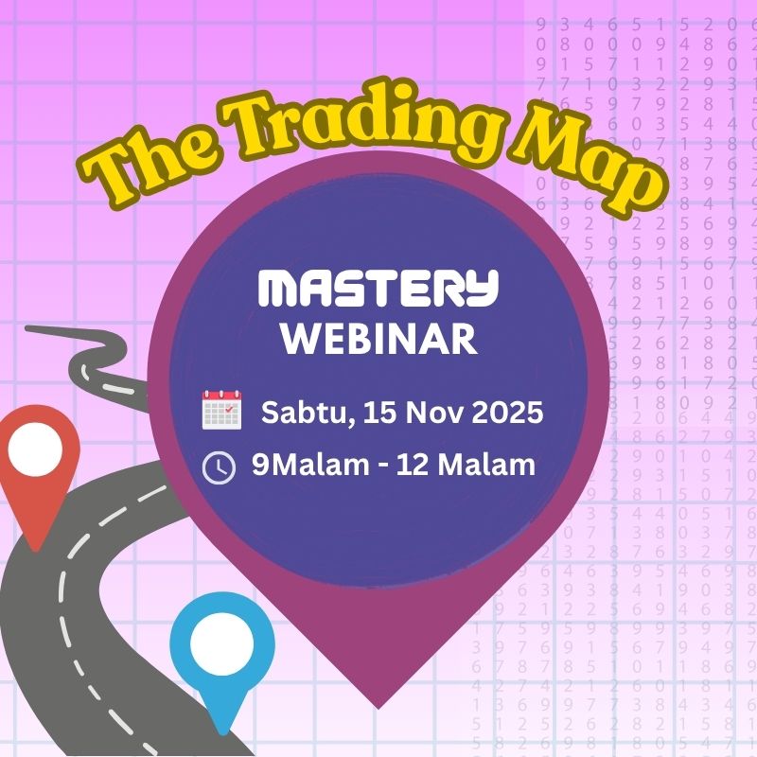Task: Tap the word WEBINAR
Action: click(378, 339)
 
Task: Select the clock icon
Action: click(220, 467)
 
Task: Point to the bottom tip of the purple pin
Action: click(379, 706)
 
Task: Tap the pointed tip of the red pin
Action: click(37, 549)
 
